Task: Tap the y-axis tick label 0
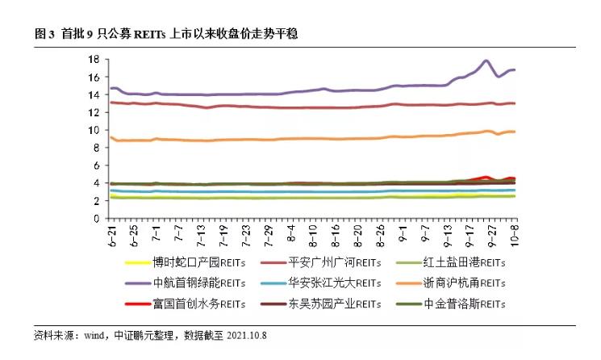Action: pyautogui.click(x=95, y=219)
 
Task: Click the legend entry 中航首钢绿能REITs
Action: pyautogui.click(x=193, y=283)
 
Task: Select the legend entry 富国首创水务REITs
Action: pyautogui.click(x=193, y=303)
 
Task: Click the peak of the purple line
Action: pyautogui.click(x=486, y=61)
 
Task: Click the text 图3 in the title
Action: pyautogui.click(x=44, y=33)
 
